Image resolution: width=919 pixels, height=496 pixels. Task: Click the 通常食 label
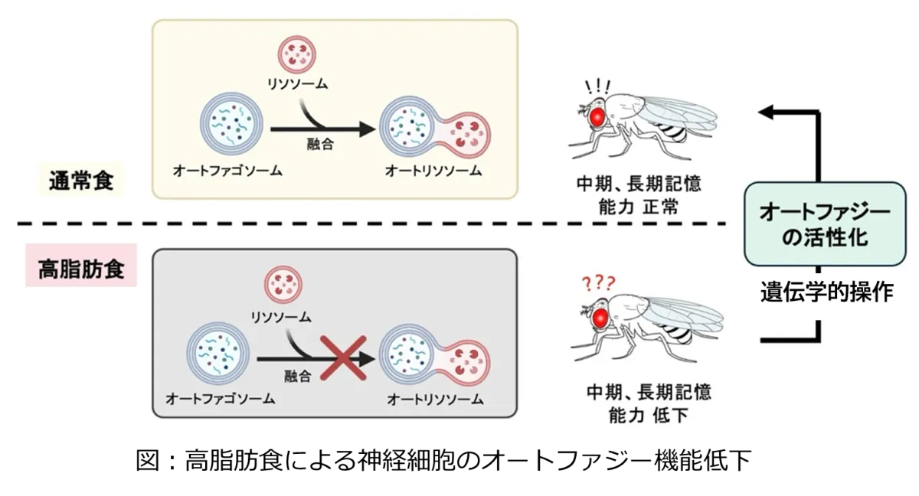point(82,182)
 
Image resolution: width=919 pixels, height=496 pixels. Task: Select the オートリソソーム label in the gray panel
point(435,399)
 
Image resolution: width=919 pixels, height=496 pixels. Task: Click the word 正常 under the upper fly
point(666,206)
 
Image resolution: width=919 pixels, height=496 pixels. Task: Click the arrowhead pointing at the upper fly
point(767,113)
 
